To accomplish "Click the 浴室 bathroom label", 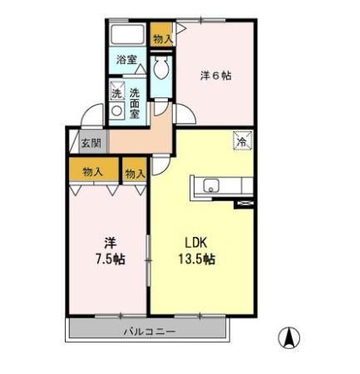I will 127,60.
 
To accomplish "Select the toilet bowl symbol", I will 161,66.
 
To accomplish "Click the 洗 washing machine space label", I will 117,92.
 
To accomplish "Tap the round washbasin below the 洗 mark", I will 117,109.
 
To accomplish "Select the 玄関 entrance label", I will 90,141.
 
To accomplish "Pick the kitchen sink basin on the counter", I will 207,185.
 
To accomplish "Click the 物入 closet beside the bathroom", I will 162,37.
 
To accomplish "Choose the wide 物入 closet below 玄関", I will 92,172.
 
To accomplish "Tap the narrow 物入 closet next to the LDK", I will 135,173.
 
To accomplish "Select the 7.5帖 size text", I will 110,259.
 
